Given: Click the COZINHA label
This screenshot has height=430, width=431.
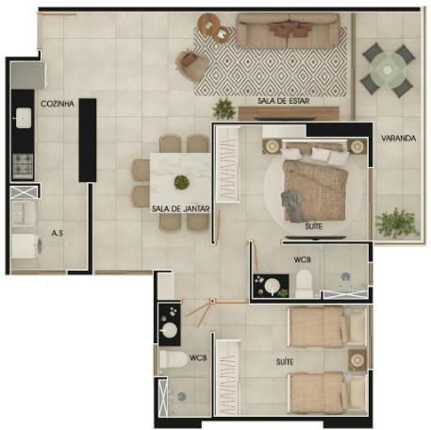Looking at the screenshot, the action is pyautogui.click(x=58, y=104).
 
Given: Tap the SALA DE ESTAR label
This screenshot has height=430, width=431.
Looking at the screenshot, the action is pyautogui.click(x=283, y=101).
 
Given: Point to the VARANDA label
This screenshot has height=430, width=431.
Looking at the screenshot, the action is pyautogui.click(x=398, y=138).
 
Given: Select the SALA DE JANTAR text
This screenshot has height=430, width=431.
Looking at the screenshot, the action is pyautogui.click(x=181, y=208).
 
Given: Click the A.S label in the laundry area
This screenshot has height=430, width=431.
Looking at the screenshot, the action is pyautogui.click(x=58, y=233).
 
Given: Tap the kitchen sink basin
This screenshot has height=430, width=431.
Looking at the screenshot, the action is pyautogui.click(x=24, y=118).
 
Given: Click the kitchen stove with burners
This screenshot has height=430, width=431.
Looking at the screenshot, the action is pyautogui.click(x=23, y=166).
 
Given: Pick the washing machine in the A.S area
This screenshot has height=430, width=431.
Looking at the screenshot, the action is pyautogui.click(x=26, y=246).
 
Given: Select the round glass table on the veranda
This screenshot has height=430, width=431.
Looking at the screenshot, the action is pyautogui.click(x=388, y=70).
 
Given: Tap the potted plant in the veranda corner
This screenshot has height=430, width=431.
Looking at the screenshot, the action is pyautogui.click(x=397, y=223).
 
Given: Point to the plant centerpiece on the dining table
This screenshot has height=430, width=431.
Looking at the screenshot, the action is pyautogui.click(x=181, y=182).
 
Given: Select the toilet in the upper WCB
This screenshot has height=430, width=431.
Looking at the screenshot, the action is pyautogui.click(x=305, y=284).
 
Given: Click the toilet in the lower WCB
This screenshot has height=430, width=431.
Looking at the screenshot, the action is pyautogui.click(x=174, y=359).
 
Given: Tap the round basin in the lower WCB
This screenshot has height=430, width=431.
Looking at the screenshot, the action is pyautogui.click(x=169, y=330).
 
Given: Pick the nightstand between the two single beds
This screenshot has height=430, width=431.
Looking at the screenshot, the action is pyautogui.click(x=357, y=360).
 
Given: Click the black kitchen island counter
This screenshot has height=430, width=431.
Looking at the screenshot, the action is pyautogui.click(x=88, y=141).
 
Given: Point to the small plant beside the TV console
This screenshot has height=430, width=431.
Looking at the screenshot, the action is pyautogui.click(x=224, y=109).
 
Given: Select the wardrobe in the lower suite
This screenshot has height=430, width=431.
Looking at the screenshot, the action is pyautogui.click(x=228, y=378).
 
